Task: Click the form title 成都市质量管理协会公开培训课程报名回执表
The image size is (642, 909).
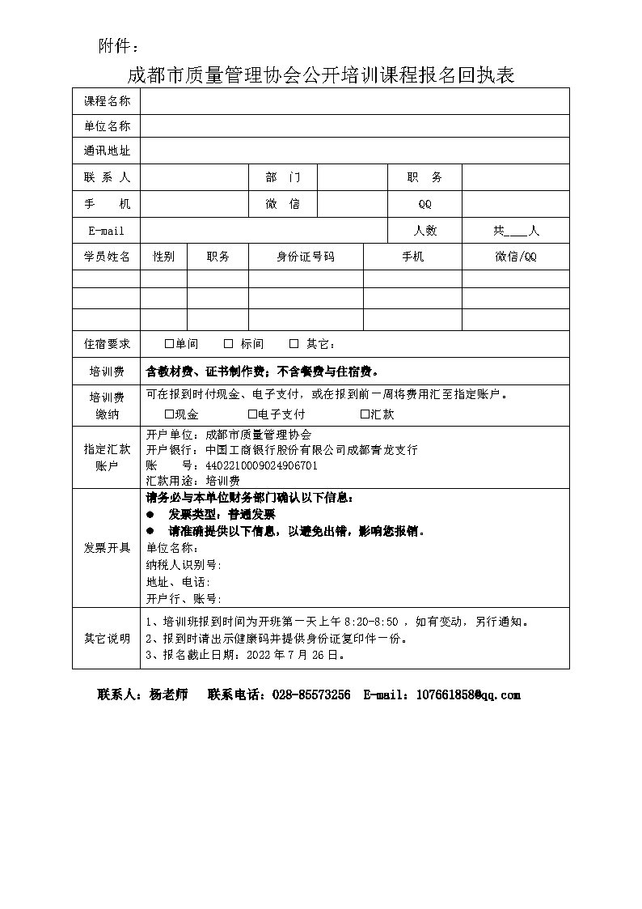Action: coord(321,75)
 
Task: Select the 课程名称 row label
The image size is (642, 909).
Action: coord(107,101)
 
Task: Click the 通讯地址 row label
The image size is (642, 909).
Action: coord(107,151)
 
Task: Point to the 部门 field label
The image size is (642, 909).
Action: coord(282,178)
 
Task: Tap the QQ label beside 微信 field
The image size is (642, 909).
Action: coord(424,204)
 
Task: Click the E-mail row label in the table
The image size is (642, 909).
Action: coord(107,231)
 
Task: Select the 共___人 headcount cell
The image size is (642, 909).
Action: coord(516,231)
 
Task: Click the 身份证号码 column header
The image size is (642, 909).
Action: coord(306,257)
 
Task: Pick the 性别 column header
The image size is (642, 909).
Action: coord(163,257)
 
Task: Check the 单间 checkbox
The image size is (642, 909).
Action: coord(169,344)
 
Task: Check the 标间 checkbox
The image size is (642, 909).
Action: coord(229,344)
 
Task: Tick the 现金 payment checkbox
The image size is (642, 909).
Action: coord(169,414)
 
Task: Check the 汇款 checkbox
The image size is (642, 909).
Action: coord(365,414)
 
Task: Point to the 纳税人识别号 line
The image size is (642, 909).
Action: coord(184,565)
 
